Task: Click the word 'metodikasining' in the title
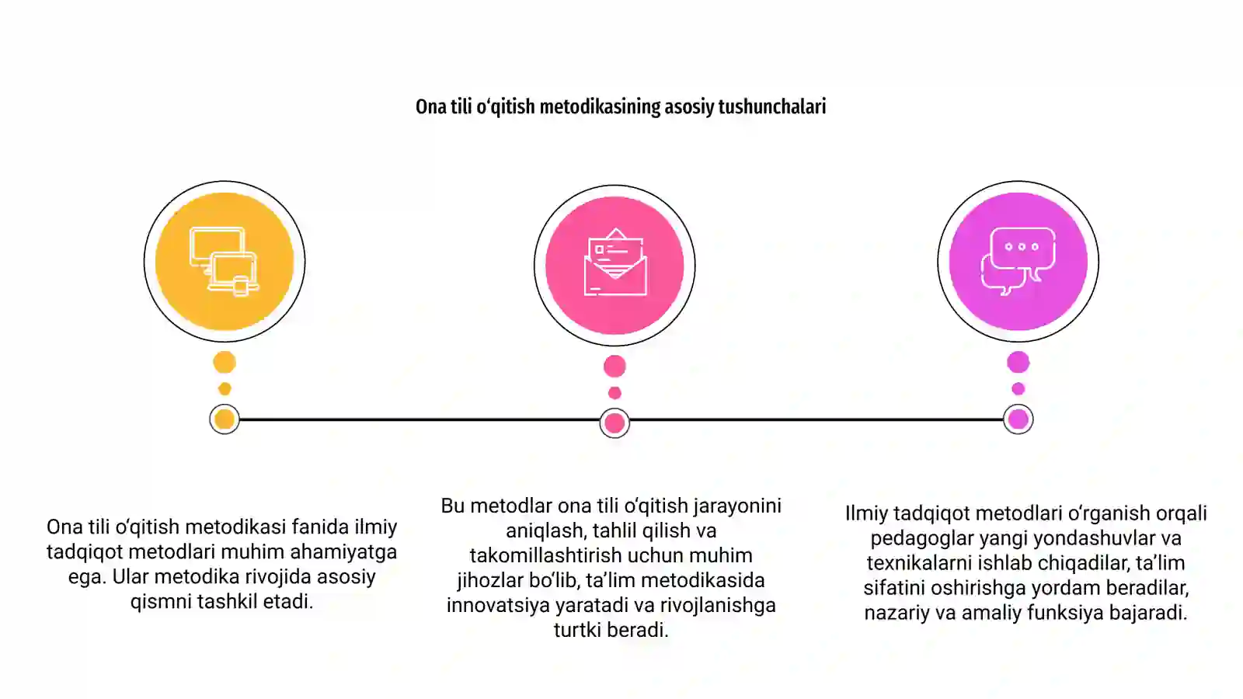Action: click(600, 106)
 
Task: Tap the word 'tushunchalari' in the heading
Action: click(772, 106)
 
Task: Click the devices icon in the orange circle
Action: click(225, 261)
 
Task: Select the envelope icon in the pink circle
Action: click(615, 262)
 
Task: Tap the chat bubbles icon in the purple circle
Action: click(1018, 261)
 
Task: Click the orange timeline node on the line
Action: click(225, 419)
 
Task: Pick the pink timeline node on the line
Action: click(615, 423)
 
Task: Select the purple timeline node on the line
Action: click(1018, 419)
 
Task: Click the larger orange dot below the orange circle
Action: click(225, 362)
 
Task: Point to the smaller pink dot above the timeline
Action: click(615, 393)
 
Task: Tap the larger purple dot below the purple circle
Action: click(1018, 362)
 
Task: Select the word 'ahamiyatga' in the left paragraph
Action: click(343, 552)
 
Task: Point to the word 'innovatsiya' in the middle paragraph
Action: click(498, 605)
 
